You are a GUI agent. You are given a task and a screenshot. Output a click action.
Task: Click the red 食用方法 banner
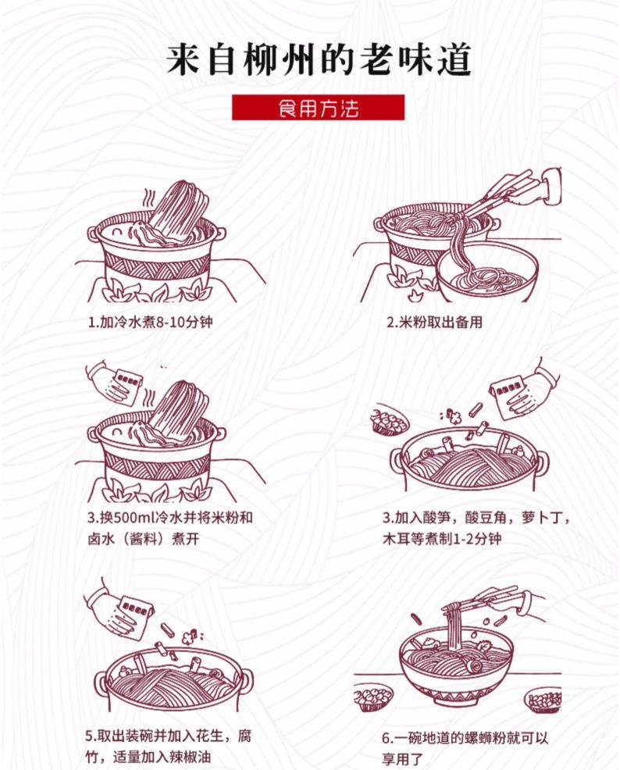[318, 107]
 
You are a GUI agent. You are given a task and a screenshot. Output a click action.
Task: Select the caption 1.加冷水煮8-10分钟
[150, 323]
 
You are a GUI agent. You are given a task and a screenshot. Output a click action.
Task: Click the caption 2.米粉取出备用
[435, 323]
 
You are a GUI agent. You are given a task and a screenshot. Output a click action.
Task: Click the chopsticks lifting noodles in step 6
[480, 600]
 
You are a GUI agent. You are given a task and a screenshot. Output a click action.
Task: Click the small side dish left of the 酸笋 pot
[390, 421]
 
